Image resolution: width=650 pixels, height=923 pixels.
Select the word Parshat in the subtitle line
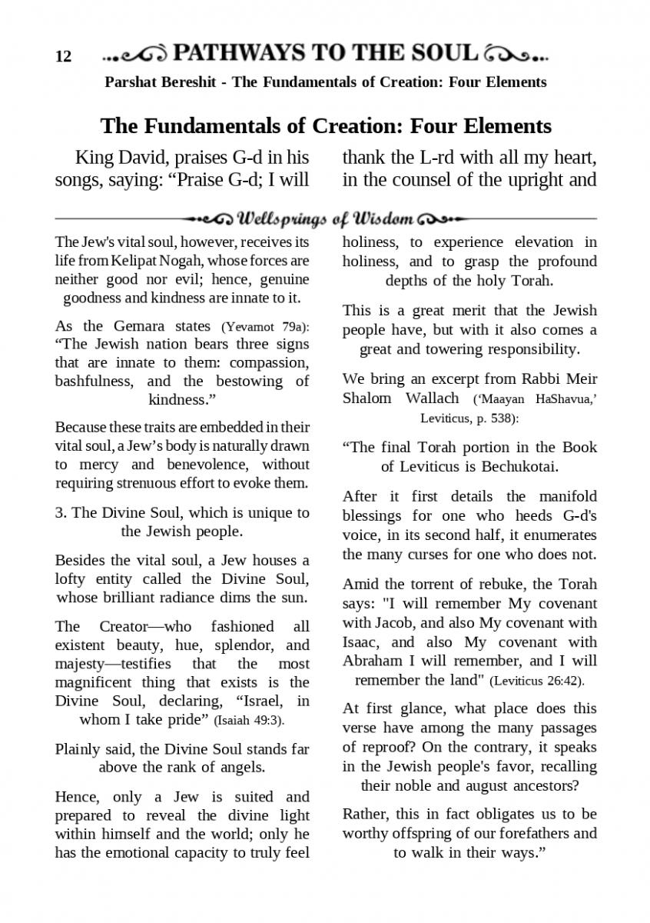131,82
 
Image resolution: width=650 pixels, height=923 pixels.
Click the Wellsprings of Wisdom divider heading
326,218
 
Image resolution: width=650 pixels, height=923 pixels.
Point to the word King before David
94,158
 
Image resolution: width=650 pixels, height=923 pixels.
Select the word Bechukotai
519,467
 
